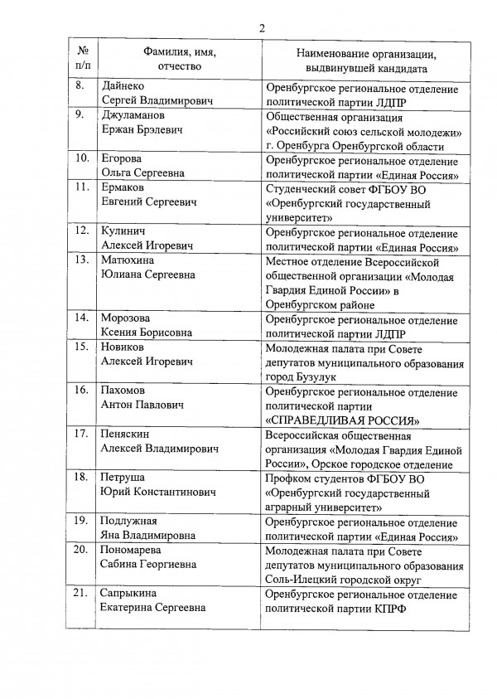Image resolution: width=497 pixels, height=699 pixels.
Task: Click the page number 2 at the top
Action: click(261, 29)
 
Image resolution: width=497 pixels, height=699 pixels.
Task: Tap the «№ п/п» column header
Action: click(81, 60)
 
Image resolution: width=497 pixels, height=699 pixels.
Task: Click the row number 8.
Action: click(80, 86)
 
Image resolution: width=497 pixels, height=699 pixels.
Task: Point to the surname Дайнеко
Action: click(126, 86)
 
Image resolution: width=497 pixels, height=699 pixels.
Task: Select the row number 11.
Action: click(82, 187)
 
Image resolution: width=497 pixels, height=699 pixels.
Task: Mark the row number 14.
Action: click(82, 318)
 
